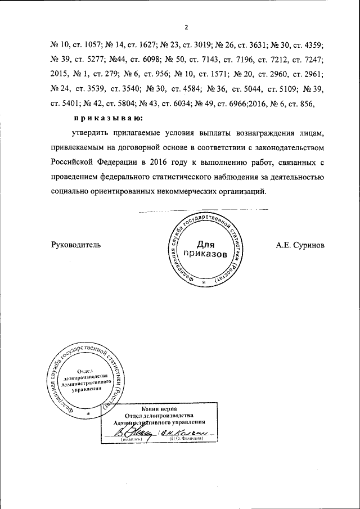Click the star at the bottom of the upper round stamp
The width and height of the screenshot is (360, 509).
pos(204,280)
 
